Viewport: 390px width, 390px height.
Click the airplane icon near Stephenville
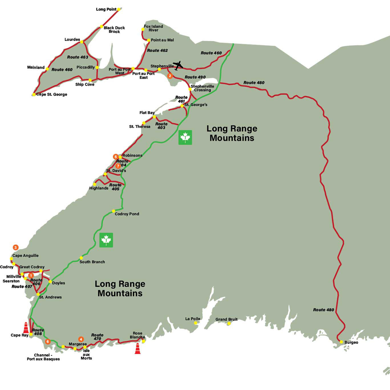(178, 66)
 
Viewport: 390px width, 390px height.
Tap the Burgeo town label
(351, 342)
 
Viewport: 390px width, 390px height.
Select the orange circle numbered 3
(16, 247)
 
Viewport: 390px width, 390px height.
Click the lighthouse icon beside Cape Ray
(26, 328)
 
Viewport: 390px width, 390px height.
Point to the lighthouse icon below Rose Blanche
(138, 349)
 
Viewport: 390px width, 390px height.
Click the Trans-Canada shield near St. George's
(185, 138)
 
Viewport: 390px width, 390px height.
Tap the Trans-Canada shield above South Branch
(106, 240)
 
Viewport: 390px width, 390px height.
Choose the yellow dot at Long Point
(119, 9)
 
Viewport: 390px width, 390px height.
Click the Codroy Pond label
(127, 214)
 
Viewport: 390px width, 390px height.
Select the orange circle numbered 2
(170, 76)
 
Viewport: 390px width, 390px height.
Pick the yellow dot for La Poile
(196, 323)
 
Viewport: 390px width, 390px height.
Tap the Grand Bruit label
(226, 319)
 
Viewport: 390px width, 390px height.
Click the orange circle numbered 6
(48, 341)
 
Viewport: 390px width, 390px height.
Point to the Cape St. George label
(52, 94)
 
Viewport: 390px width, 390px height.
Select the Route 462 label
(157, 50)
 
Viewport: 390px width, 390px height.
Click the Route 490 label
(195, 77)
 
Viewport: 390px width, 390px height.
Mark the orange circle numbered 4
(81, 339)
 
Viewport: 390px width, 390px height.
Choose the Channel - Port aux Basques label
(43, 357)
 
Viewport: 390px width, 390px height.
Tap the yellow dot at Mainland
(47, 69)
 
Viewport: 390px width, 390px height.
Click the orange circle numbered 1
(31, 276)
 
